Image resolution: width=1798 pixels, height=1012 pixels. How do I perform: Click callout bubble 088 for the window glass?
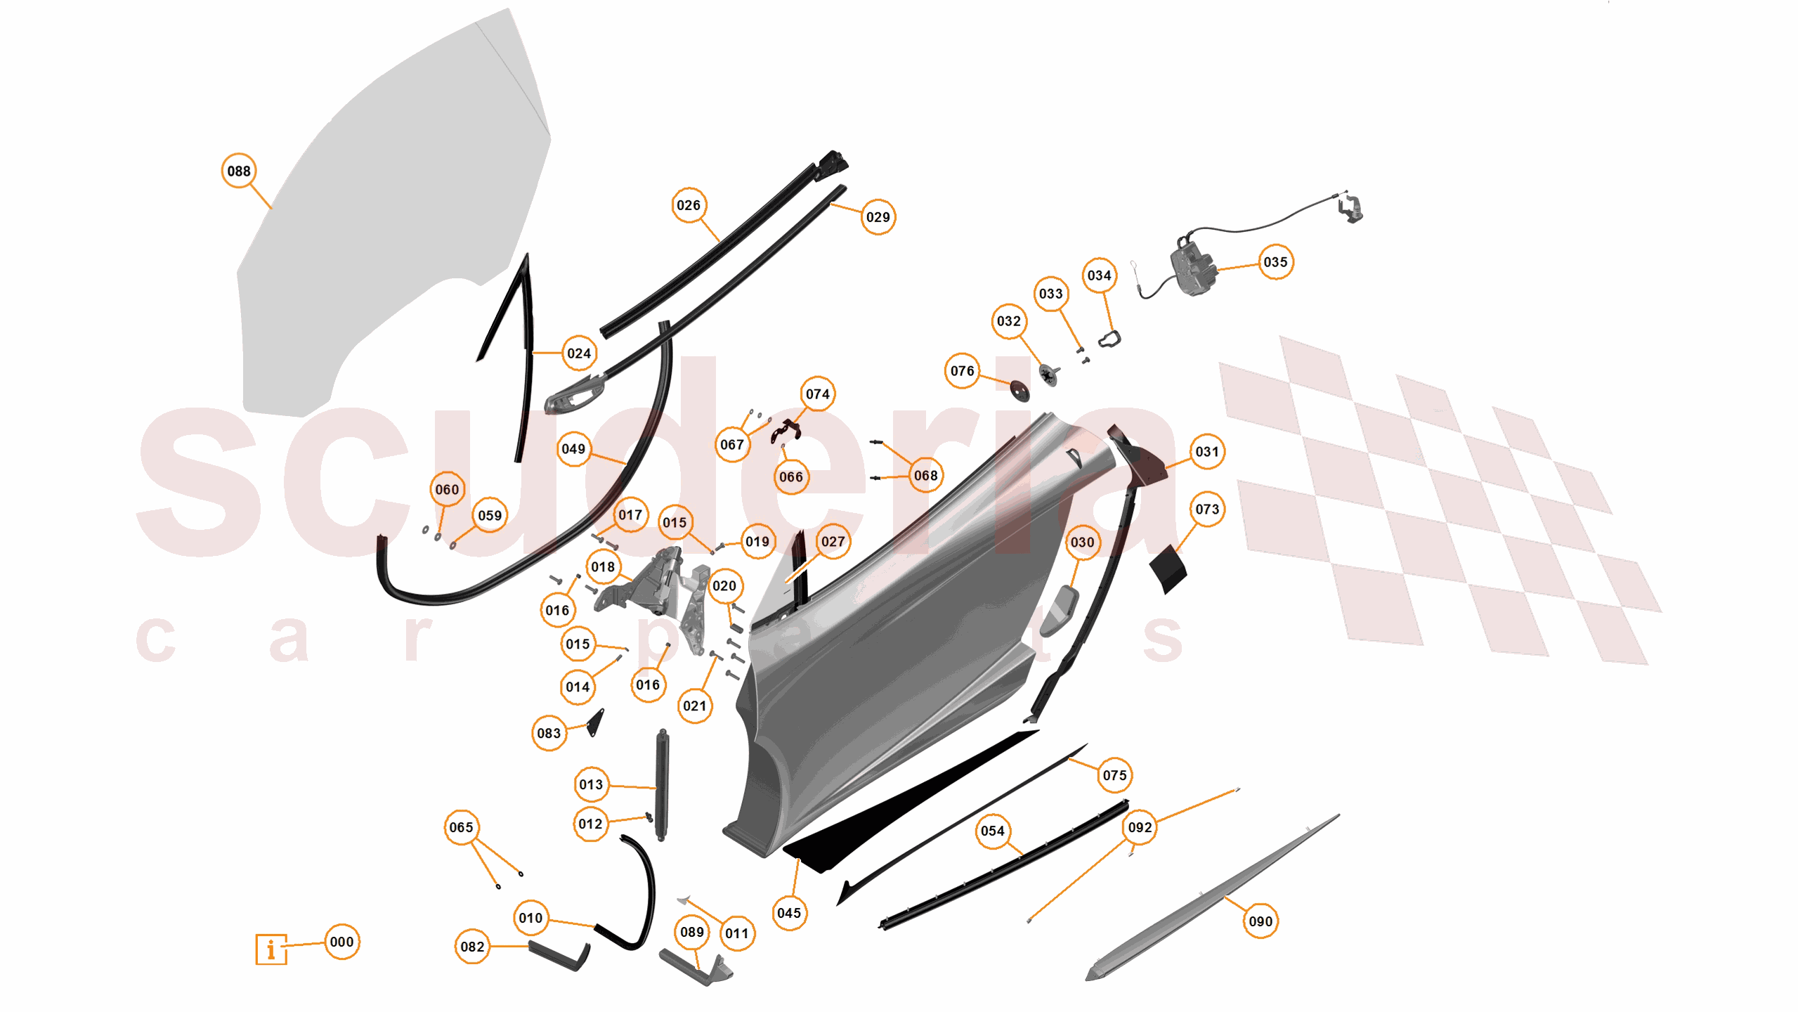pos(239,171)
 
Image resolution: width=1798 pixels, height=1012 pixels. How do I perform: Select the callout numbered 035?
pos(1275,262)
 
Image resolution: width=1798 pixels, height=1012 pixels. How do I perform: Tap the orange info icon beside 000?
pos(271,949)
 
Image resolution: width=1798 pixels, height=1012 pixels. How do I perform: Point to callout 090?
pos(1260,921)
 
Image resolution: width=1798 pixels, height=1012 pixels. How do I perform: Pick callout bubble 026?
pos(689,205)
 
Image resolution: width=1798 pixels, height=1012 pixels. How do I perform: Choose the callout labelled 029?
pos(878,217)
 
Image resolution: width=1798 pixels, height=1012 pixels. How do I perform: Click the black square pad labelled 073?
pos(1168,568)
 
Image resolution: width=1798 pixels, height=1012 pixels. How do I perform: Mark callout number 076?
pos(962,371)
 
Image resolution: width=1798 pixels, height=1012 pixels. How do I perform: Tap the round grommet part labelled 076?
pos(1019,390)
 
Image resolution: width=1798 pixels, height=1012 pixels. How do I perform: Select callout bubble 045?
pos(789,913)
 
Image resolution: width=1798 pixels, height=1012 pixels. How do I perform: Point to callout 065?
pos(461,827)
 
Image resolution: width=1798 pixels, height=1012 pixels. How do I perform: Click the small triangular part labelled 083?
pos(596,722)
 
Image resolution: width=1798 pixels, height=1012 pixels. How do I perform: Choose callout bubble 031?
pos(1207,451)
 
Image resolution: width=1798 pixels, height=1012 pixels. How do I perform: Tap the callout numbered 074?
pos(817,394)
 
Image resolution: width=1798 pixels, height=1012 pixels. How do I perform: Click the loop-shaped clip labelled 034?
pos(1109,339)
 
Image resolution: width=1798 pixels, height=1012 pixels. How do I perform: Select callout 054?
pos(992,831)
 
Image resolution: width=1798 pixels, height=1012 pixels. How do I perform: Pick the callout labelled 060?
pos(447,489)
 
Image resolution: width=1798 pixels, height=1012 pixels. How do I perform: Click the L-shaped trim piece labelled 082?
pos(559,956)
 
